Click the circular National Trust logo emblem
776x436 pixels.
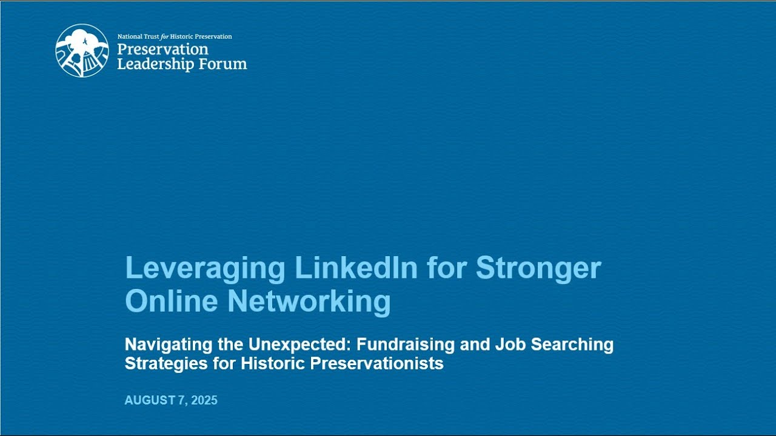click(x=82, y=50)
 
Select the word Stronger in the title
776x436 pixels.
click(x=538, y=268)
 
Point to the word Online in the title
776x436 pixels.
click(x=171, y=301)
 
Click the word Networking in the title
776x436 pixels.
click(x=309, y=301)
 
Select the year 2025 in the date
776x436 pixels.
click(x=204, y=400)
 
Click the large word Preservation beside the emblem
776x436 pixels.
click(x=162, y=50)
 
